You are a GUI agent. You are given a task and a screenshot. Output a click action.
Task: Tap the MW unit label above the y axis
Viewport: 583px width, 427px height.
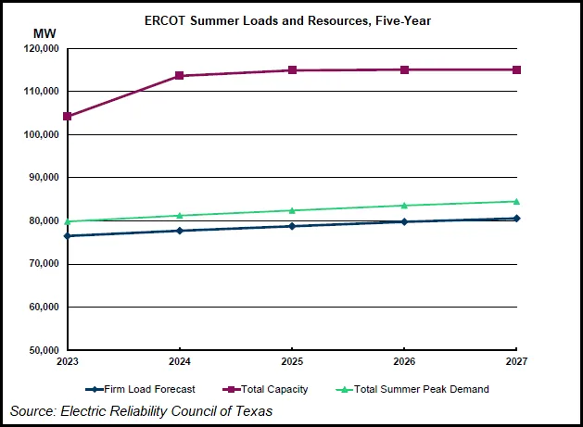pyautogui.click(x=44, y=34)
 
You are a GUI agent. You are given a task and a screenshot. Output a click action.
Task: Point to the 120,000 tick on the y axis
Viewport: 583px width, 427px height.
pyautogui.click(x=40, y=48)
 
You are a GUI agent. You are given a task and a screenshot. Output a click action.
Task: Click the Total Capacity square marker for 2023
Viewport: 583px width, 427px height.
pyautogui.click(x=67, y=117)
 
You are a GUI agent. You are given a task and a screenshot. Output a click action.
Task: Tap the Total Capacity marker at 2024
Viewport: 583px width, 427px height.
pyautogui.click(x=179, y=76)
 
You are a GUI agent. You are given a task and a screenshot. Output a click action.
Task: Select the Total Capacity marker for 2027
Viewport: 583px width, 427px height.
pyautogui.click(x=516, y=69)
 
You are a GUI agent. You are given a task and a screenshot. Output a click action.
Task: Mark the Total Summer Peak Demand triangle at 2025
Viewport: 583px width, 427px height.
pyautogui.click(x=292, y=210)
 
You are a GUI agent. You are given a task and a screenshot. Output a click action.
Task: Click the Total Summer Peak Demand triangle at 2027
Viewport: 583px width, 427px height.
pyautogui.click(x=516, y=201)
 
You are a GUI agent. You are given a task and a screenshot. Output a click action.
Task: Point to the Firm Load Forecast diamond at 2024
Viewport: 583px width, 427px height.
pyautogui.click(x=179, y=231)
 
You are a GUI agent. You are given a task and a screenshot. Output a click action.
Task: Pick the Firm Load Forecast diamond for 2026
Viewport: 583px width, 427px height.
pyautogui.click(x=404, y=221)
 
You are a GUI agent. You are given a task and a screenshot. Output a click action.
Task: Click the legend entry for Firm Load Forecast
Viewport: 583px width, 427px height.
pyautogui.click(x=140, y=389)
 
